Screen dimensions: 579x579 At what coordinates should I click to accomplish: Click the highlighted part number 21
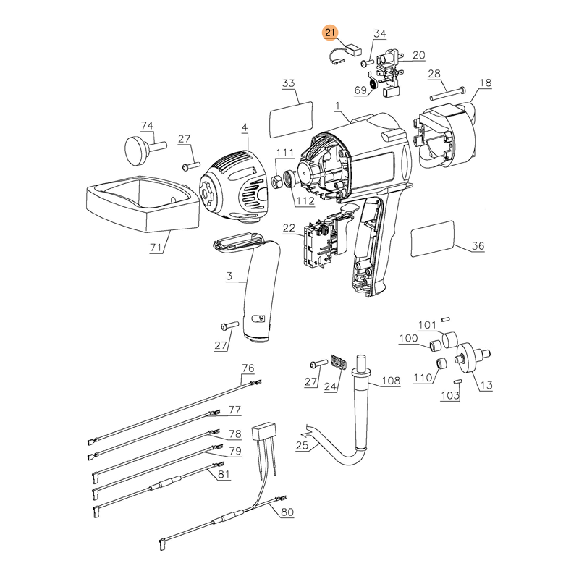click(330, 33)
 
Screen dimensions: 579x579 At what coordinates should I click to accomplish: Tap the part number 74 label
click(147, 125)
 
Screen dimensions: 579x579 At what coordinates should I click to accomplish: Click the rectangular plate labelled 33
click(292, 119)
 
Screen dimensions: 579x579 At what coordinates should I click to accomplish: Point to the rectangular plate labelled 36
click(432, 239)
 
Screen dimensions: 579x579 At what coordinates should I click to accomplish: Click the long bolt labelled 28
click(448, 94)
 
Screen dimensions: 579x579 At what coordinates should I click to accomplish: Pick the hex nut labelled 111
click(276, 182)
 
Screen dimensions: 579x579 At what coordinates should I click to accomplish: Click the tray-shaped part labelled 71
click(143, 203)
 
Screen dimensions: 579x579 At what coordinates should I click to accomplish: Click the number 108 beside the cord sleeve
click(391, 381)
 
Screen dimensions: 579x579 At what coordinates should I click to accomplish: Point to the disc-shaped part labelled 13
click(470, 358)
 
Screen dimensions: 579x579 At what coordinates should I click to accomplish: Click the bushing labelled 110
click(441, 363)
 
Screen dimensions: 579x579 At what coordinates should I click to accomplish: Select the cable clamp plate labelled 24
click(339, 361)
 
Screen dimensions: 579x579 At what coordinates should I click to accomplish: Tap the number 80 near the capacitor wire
click(287, 512)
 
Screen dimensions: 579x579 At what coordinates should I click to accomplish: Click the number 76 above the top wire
click(248, 368)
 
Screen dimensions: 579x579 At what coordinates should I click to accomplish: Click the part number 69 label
click(360, 90)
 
